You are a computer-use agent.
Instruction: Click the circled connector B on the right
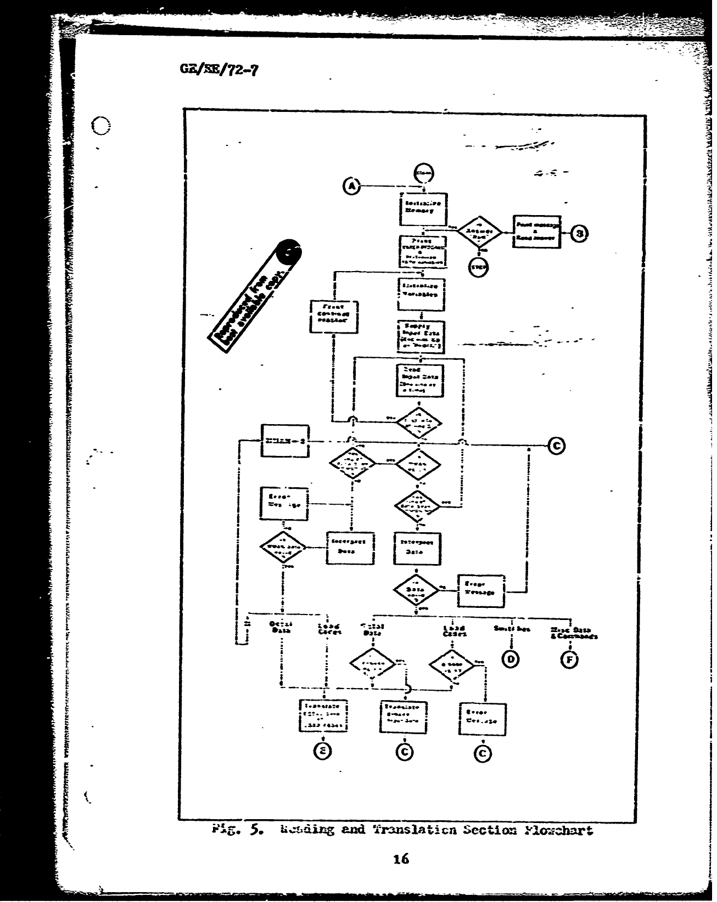pos(579,233)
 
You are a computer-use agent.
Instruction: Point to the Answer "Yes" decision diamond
pos(480,233)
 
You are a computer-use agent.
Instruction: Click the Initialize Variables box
pos(422,294)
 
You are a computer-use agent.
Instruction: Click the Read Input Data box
pos(421,380)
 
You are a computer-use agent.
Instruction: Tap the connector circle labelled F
pos(569,659)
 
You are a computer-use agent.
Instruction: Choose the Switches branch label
pos(511,629)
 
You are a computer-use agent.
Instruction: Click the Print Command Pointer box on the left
pos(334,316)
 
